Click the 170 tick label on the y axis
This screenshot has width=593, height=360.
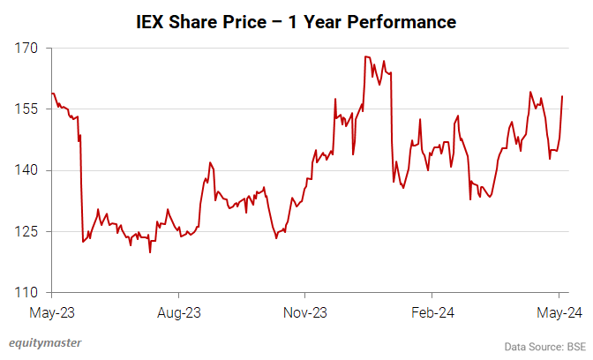point(27,49)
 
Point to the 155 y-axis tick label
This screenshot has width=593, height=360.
point(27,109)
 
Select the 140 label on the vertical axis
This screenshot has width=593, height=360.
point(27,170)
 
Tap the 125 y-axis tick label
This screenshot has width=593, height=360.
point(27,231)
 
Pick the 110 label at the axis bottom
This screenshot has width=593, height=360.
point(27,292)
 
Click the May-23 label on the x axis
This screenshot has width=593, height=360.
point(53,312)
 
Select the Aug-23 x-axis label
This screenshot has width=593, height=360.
point(180,312)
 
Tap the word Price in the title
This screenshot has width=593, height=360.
point(256,19)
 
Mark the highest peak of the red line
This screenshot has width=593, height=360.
point(365,57)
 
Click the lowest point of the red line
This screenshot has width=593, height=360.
point(150,252)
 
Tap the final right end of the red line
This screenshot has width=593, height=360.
point(563,96)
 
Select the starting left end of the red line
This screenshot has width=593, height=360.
point(52,93)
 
